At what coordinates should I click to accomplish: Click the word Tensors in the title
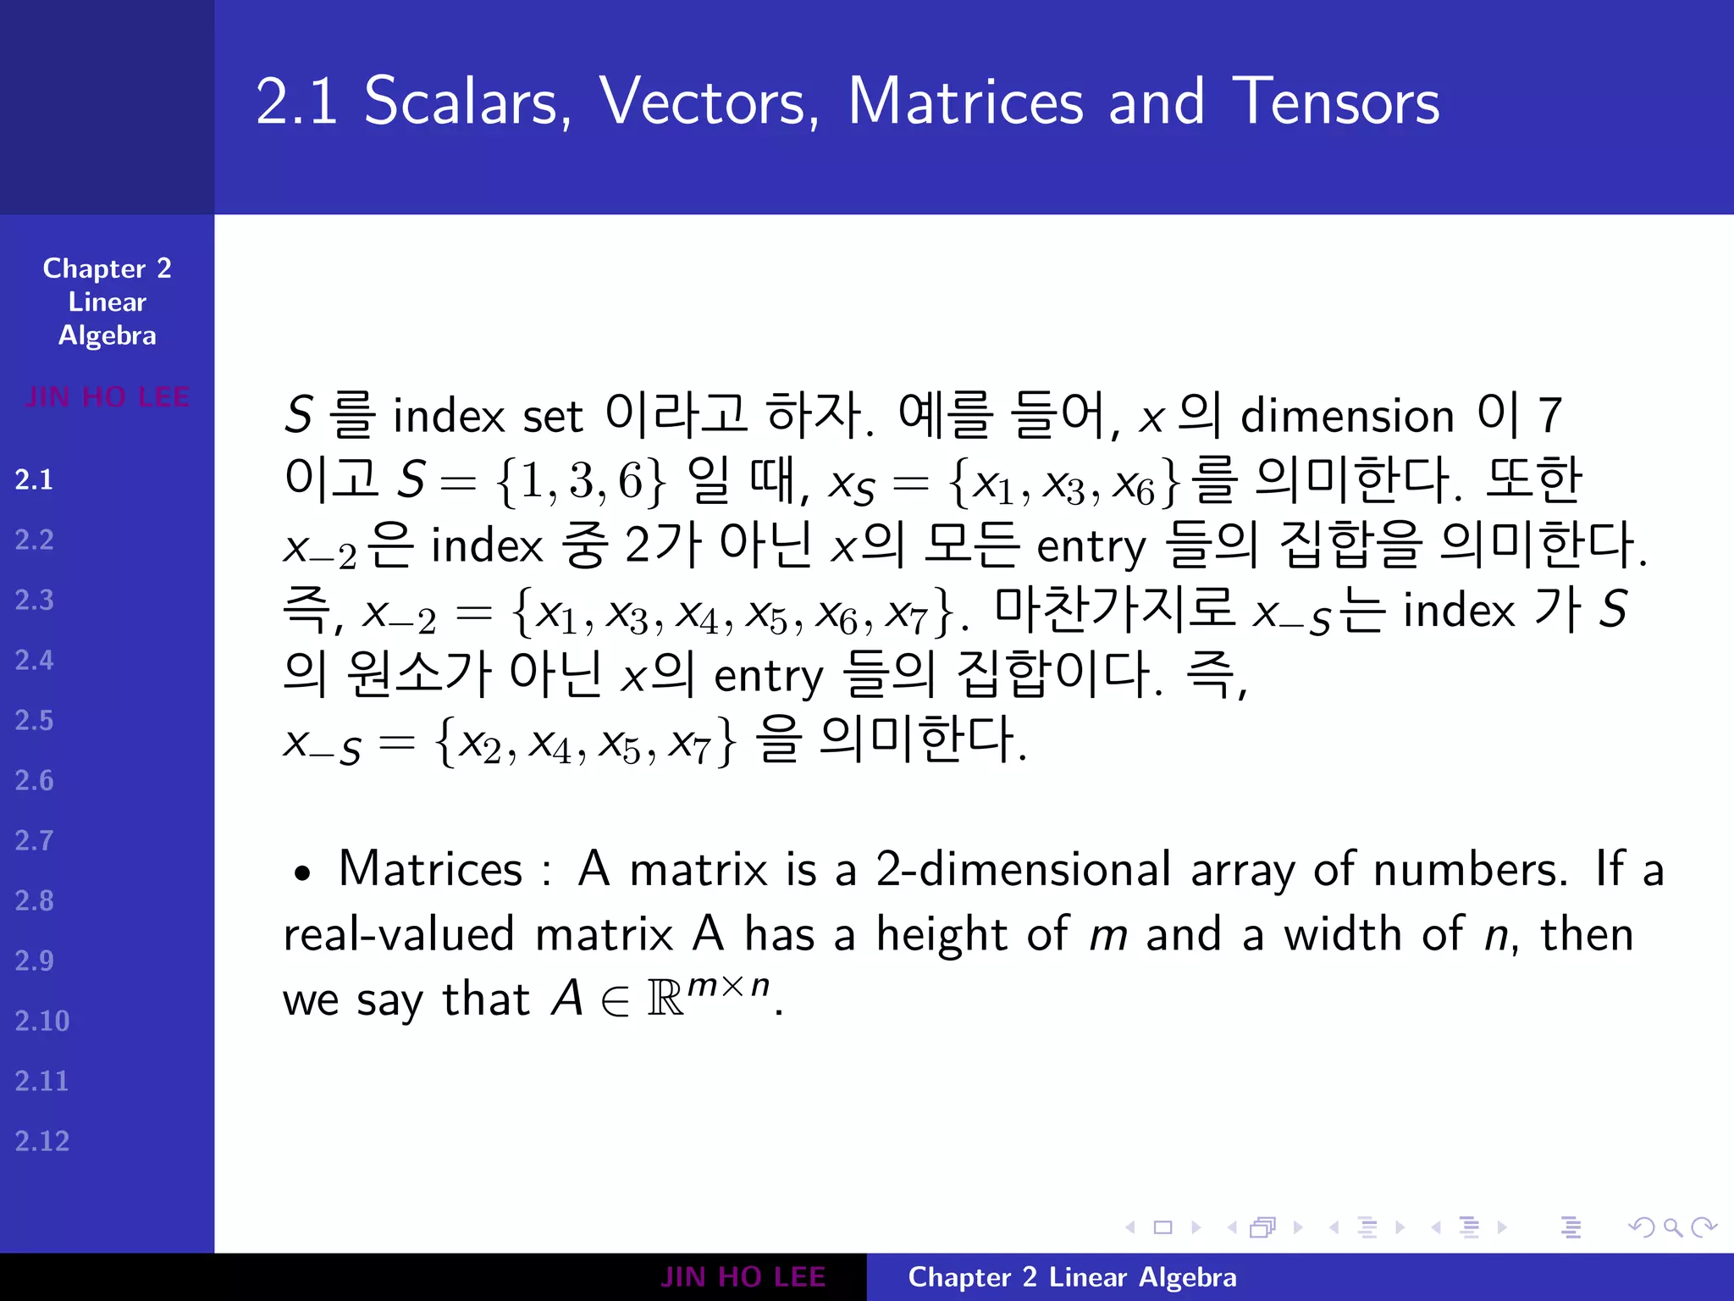(1335, 102)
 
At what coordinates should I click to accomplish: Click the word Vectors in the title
(708, 102)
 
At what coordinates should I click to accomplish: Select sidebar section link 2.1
(34, 479)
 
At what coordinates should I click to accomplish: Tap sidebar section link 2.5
(34, 720)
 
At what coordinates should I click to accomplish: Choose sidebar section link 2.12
(41, 1141)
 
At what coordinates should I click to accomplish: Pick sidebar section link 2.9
(34, 961)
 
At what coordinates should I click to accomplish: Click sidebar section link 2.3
(34, 600)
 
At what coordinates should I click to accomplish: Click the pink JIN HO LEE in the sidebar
(107, 396)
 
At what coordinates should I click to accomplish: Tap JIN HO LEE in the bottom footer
(743, 1277)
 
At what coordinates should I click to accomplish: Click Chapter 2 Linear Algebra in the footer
(1072, 1277)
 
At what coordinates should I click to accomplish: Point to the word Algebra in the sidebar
(107, 336)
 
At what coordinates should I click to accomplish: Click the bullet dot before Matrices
(302, 873)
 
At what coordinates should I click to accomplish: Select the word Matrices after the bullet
(430, 870)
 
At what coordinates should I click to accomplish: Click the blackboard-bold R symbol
(665, 999)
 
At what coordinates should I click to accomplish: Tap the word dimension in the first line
(1347, 416)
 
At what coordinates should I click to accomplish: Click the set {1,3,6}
(582, 481)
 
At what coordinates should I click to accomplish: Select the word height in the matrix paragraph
(942, 934)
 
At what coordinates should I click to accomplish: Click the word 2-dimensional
(1024, 870)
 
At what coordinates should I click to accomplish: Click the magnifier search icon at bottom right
(1671, 1227)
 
